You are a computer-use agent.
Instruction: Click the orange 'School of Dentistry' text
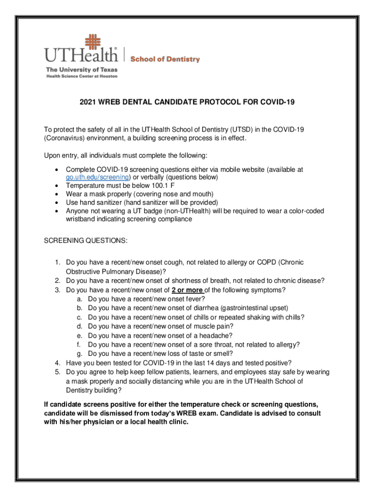pyautogui.click(x=165, y=59)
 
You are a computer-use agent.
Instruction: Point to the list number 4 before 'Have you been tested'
pyautogui.click(x=57, y=363)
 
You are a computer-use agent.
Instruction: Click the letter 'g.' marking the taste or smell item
pyautogui.click(x=79, y=353)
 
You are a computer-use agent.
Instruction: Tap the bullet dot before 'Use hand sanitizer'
pyautogui.click(x=58, y=202)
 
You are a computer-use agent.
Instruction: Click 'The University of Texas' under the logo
pyautogui.click(x=82, y=69)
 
